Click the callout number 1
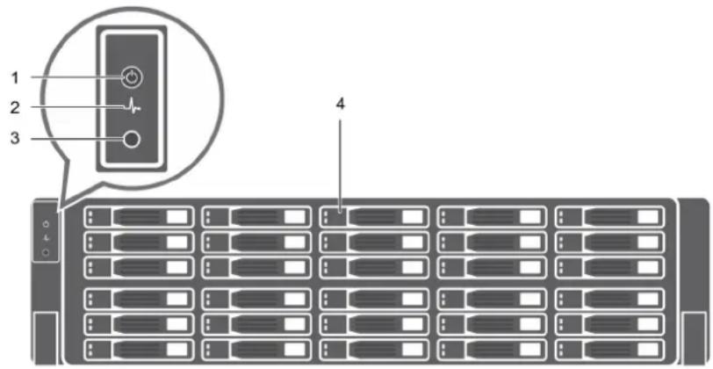[x=15, y=78]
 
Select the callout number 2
[x=15, y=108]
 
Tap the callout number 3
[x=15, y=138]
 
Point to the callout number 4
[x=340, y=105]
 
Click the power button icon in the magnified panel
[x=132, y=78]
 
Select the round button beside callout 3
[x=131, y=141]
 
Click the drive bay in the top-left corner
[x=139, y=217]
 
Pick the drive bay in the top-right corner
[x=609, y=217]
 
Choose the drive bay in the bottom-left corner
[x=139, y=349]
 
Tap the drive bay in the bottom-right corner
[x=609, y=349]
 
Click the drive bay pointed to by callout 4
[x=374, y=217]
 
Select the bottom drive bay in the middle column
[x=374, y=349]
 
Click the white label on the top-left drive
[x=176, y=217]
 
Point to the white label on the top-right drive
[x=647, y=217]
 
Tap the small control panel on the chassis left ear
[x=46, y=237]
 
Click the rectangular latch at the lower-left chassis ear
[x=46, y=336]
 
